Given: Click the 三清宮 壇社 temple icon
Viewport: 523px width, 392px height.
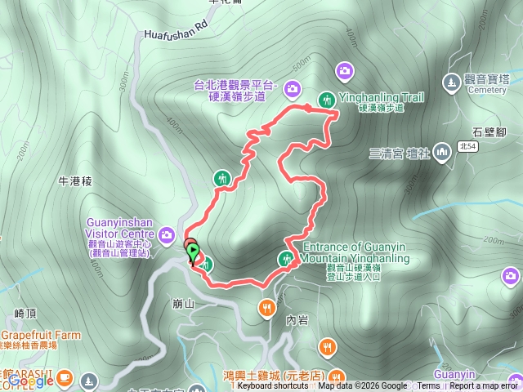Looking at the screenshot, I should click(x=442, y=151).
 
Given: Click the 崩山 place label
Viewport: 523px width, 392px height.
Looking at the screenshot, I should click(x=183, y=302).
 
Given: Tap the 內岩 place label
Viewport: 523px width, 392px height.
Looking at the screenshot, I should click(x=297, y=321).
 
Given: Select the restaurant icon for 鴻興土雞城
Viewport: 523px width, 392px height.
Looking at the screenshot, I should click(x=327, y=347).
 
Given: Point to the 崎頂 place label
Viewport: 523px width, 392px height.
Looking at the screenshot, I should click(x=26, y=313).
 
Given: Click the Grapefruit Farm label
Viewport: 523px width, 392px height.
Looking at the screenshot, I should click(x=41, y=336).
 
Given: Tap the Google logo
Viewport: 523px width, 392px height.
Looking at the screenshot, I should click(x=31, y=380).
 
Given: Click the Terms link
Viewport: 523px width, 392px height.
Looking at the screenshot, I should click(x=428, y=386).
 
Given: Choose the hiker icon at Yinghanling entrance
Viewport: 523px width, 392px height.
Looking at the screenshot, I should click(x=286, y=260).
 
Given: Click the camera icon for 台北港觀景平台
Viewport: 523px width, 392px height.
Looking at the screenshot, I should click(x=293, y=88).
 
